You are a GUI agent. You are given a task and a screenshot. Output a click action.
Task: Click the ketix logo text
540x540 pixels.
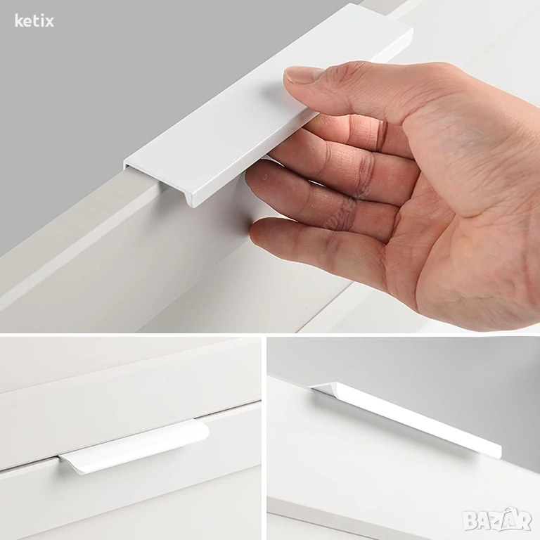point(34,21)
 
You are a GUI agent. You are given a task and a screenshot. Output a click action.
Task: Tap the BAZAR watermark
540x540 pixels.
point(497,520)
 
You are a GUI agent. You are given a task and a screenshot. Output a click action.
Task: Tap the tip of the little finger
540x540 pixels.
point(257,234)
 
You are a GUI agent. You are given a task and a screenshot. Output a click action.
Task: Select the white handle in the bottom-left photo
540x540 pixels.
point(134,446)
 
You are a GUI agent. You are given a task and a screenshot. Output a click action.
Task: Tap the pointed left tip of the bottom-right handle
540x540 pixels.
point(311,387)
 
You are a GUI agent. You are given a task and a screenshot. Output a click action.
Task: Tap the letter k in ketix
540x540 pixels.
point(18,21)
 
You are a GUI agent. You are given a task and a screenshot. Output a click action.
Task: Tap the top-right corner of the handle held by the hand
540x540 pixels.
point(413,29)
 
